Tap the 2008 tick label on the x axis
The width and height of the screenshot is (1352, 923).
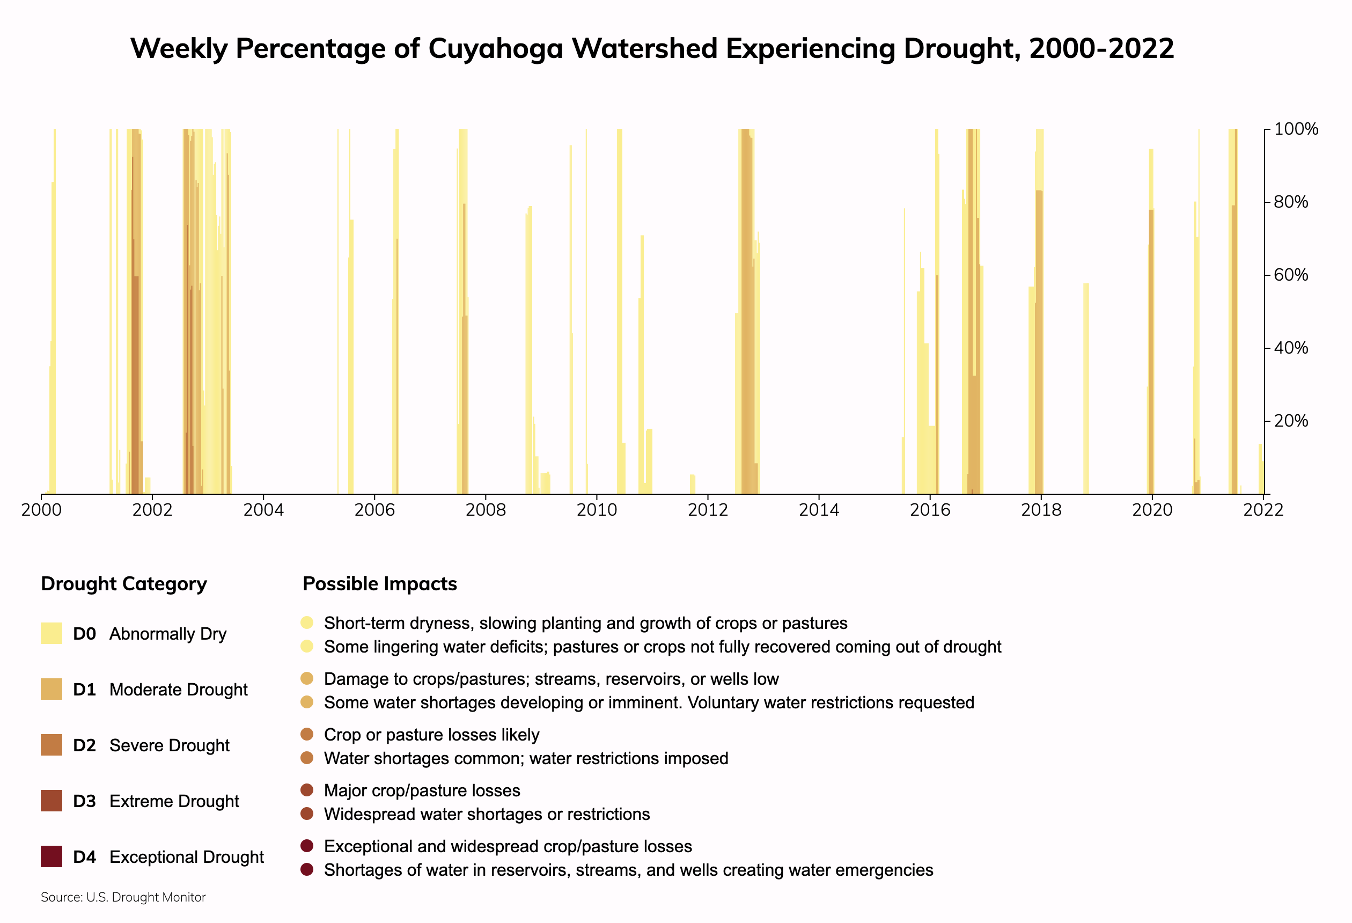click(x=486, y=510)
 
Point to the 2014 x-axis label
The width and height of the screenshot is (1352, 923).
click(x=819, y=510)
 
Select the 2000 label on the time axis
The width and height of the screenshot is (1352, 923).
click(x=41, y=510)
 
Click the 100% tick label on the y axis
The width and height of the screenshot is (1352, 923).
click(x=1296, y=129)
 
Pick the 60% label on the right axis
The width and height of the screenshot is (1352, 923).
click(x=1291, y=275)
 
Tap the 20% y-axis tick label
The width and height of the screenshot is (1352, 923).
click(x=1291, y=421)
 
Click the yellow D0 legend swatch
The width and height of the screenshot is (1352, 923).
click(x=51, y=633)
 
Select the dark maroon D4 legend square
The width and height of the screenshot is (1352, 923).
click(x=51, y=856)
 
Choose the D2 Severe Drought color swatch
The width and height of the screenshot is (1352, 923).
click(x=51, y=745)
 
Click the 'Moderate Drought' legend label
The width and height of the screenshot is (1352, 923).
click(x=178, y=690)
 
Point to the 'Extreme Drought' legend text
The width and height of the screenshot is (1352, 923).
click(x=174, y=801)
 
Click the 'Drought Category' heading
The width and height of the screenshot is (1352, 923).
click(x=124, y=584)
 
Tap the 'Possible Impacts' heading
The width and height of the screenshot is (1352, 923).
click(x=380, y=584)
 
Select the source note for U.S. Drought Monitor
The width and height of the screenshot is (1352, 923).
click(x=123, y=897)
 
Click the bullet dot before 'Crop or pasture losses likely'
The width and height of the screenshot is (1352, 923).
click(x=307, y=735)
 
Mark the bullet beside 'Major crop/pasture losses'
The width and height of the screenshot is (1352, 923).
click(x=307, y=790)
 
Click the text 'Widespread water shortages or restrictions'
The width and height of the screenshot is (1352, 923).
click(x=487, y=814)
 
